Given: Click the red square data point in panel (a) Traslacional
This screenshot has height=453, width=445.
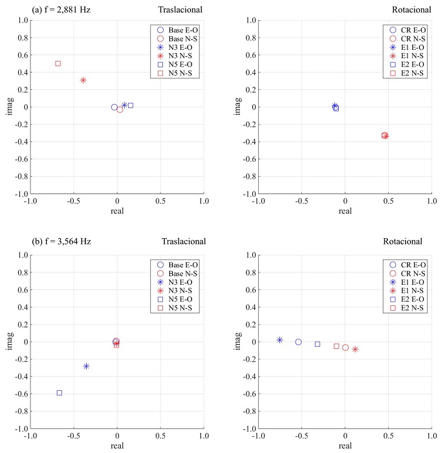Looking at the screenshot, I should pos(58,63).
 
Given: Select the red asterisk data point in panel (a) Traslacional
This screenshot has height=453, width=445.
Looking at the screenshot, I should pos(83,80).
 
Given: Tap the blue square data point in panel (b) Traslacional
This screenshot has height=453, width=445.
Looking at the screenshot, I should pos(60,393).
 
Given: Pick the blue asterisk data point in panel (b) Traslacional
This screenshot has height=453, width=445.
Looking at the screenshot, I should pos(86,366).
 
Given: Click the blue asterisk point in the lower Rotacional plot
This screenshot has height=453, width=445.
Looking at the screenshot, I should pos(280,340).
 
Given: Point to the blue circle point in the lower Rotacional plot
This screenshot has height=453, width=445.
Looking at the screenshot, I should pos(298,342).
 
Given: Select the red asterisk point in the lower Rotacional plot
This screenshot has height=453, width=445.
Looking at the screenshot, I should pos(355,349).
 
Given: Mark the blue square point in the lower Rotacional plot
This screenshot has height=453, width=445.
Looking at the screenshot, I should pos(318,344).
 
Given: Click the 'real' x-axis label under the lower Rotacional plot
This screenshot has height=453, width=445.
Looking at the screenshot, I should pos(345,445).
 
